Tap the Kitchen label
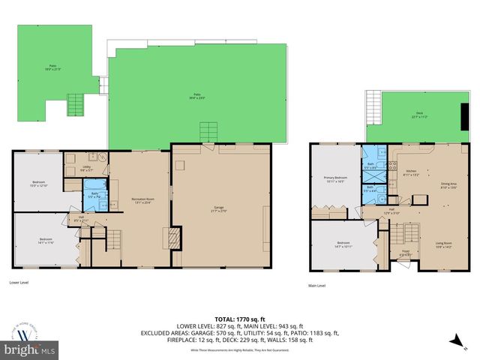coord(411,172)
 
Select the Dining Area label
coord(449,184)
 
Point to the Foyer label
coord(405,253)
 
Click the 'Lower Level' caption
coord(19,283)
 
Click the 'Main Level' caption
coord(317,286)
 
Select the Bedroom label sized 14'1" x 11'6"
coord(46,241)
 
